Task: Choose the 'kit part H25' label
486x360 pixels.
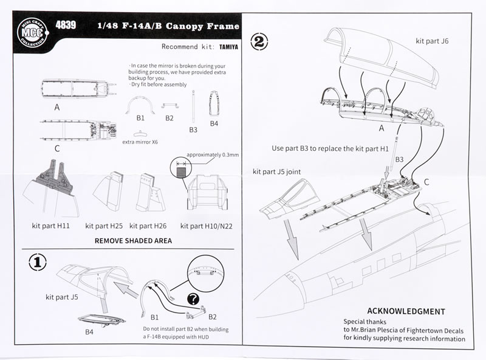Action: pos(106,226)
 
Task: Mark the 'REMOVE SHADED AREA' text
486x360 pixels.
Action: pos(133,241)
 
